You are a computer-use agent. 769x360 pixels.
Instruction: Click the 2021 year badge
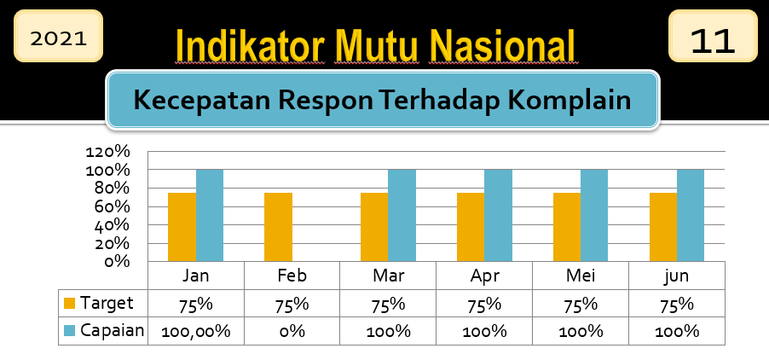coord(58,36)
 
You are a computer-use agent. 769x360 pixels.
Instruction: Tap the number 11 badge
coord(713,36)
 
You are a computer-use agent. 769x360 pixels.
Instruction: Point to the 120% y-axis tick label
coord(108,152)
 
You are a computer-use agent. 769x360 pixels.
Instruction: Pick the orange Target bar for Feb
coord(278,227)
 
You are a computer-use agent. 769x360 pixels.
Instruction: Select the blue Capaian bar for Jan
coord(210,215)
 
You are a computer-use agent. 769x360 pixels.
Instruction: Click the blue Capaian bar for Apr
coord(498,215)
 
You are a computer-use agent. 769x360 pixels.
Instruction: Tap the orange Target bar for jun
coord(663,227)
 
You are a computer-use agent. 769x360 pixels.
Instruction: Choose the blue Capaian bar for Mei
coord(594,215)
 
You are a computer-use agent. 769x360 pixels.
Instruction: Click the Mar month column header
coord(389,276)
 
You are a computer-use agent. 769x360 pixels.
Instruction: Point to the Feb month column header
coord(292,276)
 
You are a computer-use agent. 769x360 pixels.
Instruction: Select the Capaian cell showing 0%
coord(292,331)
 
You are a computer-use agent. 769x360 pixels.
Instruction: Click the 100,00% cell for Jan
coord(196,331)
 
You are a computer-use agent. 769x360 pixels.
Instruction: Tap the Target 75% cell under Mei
coord(581,305)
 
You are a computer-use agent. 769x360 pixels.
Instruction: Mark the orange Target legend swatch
coord(70,303)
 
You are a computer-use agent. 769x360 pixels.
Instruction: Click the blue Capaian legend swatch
coord(70,331)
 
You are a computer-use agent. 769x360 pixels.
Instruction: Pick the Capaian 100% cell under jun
coord(677,331)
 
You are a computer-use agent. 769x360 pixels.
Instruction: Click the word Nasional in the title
coord(502,46)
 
